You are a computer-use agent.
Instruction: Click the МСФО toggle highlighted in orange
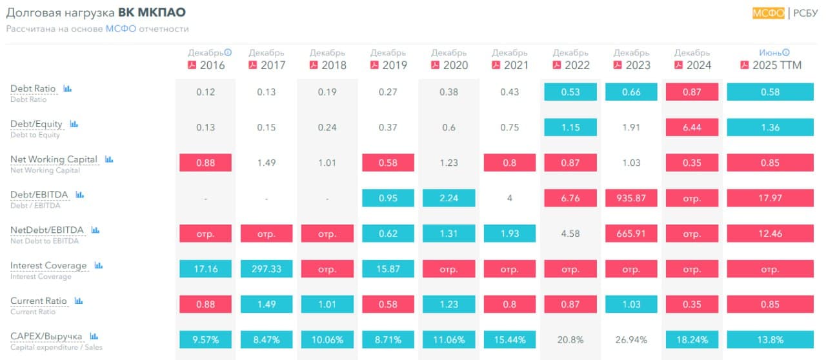point(768,13)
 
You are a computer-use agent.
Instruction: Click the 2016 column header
point(212,65)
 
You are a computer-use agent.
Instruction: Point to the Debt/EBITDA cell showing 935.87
point(631,198)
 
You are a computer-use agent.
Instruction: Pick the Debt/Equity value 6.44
point(692,127)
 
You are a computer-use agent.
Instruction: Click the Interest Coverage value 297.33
point(267,269)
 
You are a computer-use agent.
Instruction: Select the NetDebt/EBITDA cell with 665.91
point(631,234)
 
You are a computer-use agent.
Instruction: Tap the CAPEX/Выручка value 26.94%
point(631,339)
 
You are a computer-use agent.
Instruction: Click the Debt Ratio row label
point(33,88)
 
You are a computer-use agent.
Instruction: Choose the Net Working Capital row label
point(54,159)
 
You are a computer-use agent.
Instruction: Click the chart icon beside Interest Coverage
point(99,265)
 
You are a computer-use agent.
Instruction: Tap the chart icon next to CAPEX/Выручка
point(94,336)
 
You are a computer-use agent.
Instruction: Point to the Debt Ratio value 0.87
point(692,92)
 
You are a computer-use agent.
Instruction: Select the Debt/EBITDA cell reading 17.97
point(770,198)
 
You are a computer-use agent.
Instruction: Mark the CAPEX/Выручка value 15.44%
point(510,339)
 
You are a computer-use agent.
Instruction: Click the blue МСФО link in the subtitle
point(121,29)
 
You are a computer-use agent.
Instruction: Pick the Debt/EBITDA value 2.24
point(449,198)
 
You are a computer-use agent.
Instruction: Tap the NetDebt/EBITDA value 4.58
point(570,234)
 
